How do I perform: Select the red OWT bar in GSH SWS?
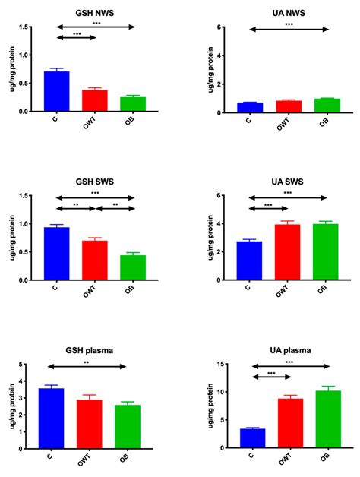[95, 261]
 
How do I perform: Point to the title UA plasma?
[289, 350]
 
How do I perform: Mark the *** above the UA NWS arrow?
[289, 24]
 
